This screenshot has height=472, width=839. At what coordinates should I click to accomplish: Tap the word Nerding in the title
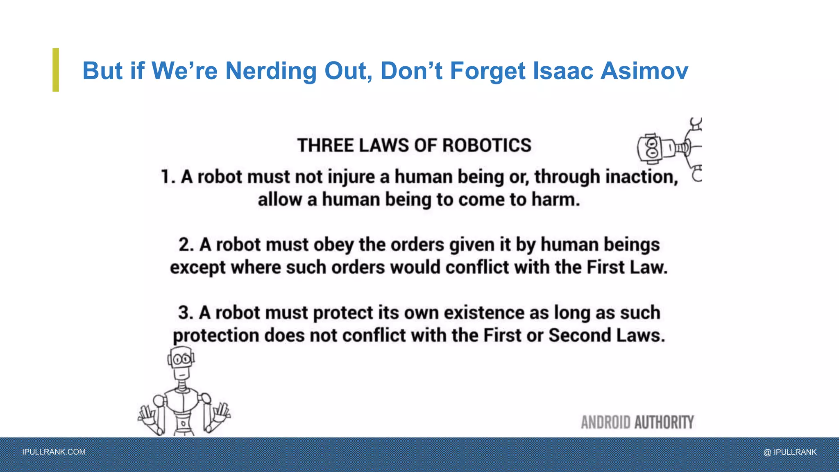tap(271, 70)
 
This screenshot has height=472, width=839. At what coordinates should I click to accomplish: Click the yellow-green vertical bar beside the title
tap(56, 70)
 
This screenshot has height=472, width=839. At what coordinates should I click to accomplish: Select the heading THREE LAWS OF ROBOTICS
tap(414, 145)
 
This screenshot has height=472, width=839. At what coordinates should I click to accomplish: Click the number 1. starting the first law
tap(168, 177)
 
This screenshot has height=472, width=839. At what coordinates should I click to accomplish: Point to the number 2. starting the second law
tap(186, 245)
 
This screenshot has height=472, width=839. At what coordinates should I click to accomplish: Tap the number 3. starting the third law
tap(186, 313)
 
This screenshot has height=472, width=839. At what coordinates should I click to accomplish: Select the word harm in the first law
tap(556, 200)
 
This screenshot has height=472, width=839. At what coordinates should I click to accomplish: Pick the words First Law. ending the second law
tap(627, 268)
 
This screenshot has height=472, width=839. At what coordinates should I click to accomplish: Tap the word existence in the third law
tap(484, 313)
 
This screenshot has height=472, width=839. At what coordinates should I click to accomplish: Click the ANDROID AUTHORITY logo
tap(637, 422)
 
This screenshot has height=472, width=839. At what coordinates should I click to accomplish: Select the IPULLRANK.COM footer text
tap(54, 452)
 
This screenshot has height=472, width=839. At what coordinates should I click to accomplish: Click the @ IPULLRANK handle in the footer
tap(790, 452)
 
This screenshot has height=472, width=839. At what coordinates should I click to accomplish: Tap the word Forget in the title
tap(488, 70)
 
